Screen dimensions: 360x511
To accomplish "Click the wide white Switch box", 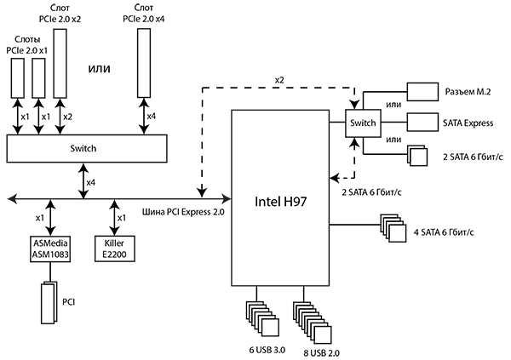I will point(86,149).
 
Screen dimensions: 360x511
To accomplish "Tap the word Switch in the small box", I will point(363,124).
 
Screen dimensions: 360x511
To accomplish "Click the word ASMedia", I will point(49,243).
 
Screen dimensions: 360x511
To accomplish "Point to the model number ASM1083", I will point(49,254).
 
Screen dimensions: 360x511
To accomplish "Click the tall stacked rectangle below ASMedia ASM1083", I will point(49,303).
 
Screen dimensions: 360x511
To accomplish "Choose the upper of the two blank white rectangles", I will point(422,92).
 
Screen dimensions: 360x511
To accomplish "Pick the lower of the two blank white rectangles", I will point(422,122).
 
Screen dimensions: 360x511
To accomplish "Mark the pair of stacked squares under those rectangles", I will point(418,156).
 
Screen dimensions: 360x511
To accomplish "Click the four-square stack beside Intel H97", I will point(393,228).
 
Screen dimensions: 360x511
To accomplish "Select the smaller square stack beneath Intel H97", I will point(264,320).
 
